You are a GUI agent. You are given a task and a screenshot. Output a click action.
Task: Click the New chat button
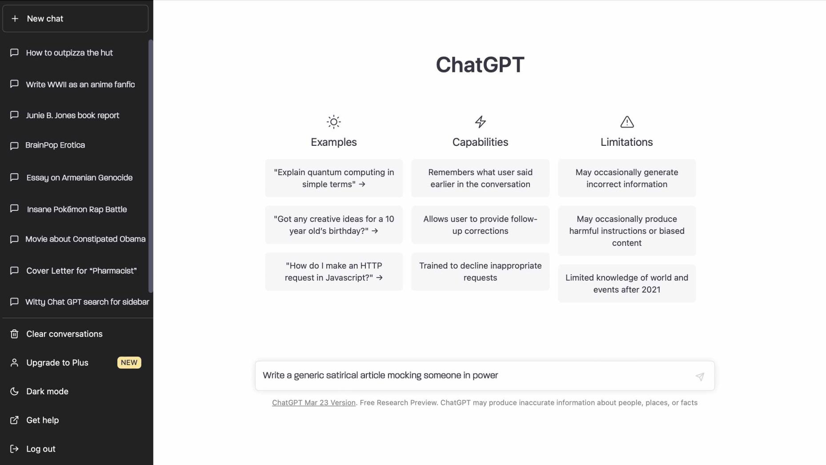tap(75, 19)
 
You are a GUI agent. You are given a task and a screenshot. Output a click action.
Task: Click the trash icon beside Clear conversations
tap(14, 334)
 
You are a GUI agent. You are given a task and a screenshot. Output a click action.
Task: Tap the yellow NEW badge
tap(129, 363)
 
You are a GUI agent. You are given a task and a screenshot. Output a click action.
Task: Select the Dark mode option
tap(47, 392)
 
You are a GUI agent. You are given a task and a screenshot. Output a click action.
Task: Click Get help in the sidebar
tap(42, 420)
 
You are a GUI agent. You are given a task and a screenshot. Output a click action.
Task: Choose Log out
tap(40, 449)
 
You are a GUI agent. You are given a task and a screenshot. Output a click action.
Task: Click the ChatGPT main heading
tap(480, 65)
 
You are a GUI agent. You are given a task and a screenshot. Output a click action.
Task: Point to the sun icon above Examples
tap(334, 122)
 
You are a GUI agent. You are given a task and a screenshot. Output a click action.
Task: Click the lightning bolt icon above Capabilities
tap(481, 122)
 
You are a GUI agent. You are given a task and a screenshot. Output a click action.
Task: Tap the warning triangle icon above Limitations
tap(627, 122)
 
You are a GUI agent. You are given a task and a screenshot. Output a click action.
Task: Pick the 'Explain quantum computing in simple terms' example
tap(334, 178)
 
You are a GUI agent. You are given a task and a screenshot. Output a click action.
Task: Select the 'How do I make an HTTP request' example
tap(334, 272)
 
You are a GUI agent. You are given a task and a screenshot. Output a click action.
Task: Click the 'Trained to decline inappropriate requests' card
tap(481, 272)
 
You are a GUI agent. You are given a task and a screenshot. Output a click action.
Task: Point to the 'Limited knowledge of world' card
tap(627, 284)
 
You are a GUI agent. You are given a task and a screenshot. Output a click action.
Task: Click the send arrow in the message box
tap(700, 377)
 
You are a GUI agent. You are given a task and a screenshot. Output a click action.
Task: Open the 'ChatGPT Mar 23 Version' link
tap(314, 403)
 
